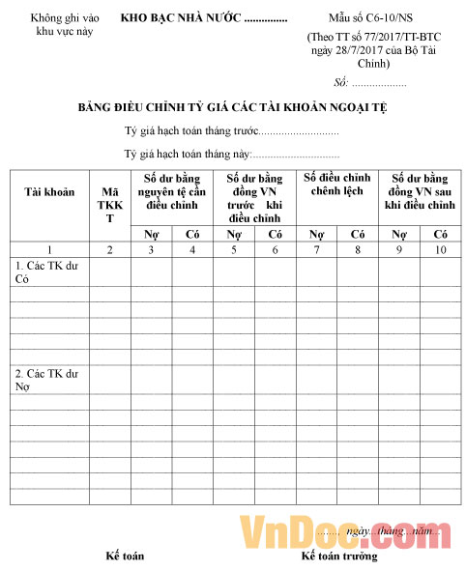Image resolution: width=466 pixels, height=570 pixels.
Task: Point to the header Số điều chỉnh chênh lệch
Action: pyautogui.click(x=337, y=185)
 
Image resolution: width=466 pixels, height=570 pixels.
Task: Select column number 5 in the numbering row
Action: pyautogui.click(x=234, y=250)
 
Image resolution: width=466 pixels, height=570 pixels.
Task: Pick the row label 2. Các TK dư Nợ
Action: pyautogui.click(x=44, y=380)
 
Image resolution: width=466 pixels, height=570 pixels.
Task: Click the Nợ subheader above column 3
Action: pyautogui.click(x=152, y=234)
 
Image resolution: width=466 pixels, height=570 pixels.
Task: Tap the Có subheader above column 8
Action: pyautogui.click(x=358, y=234)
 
